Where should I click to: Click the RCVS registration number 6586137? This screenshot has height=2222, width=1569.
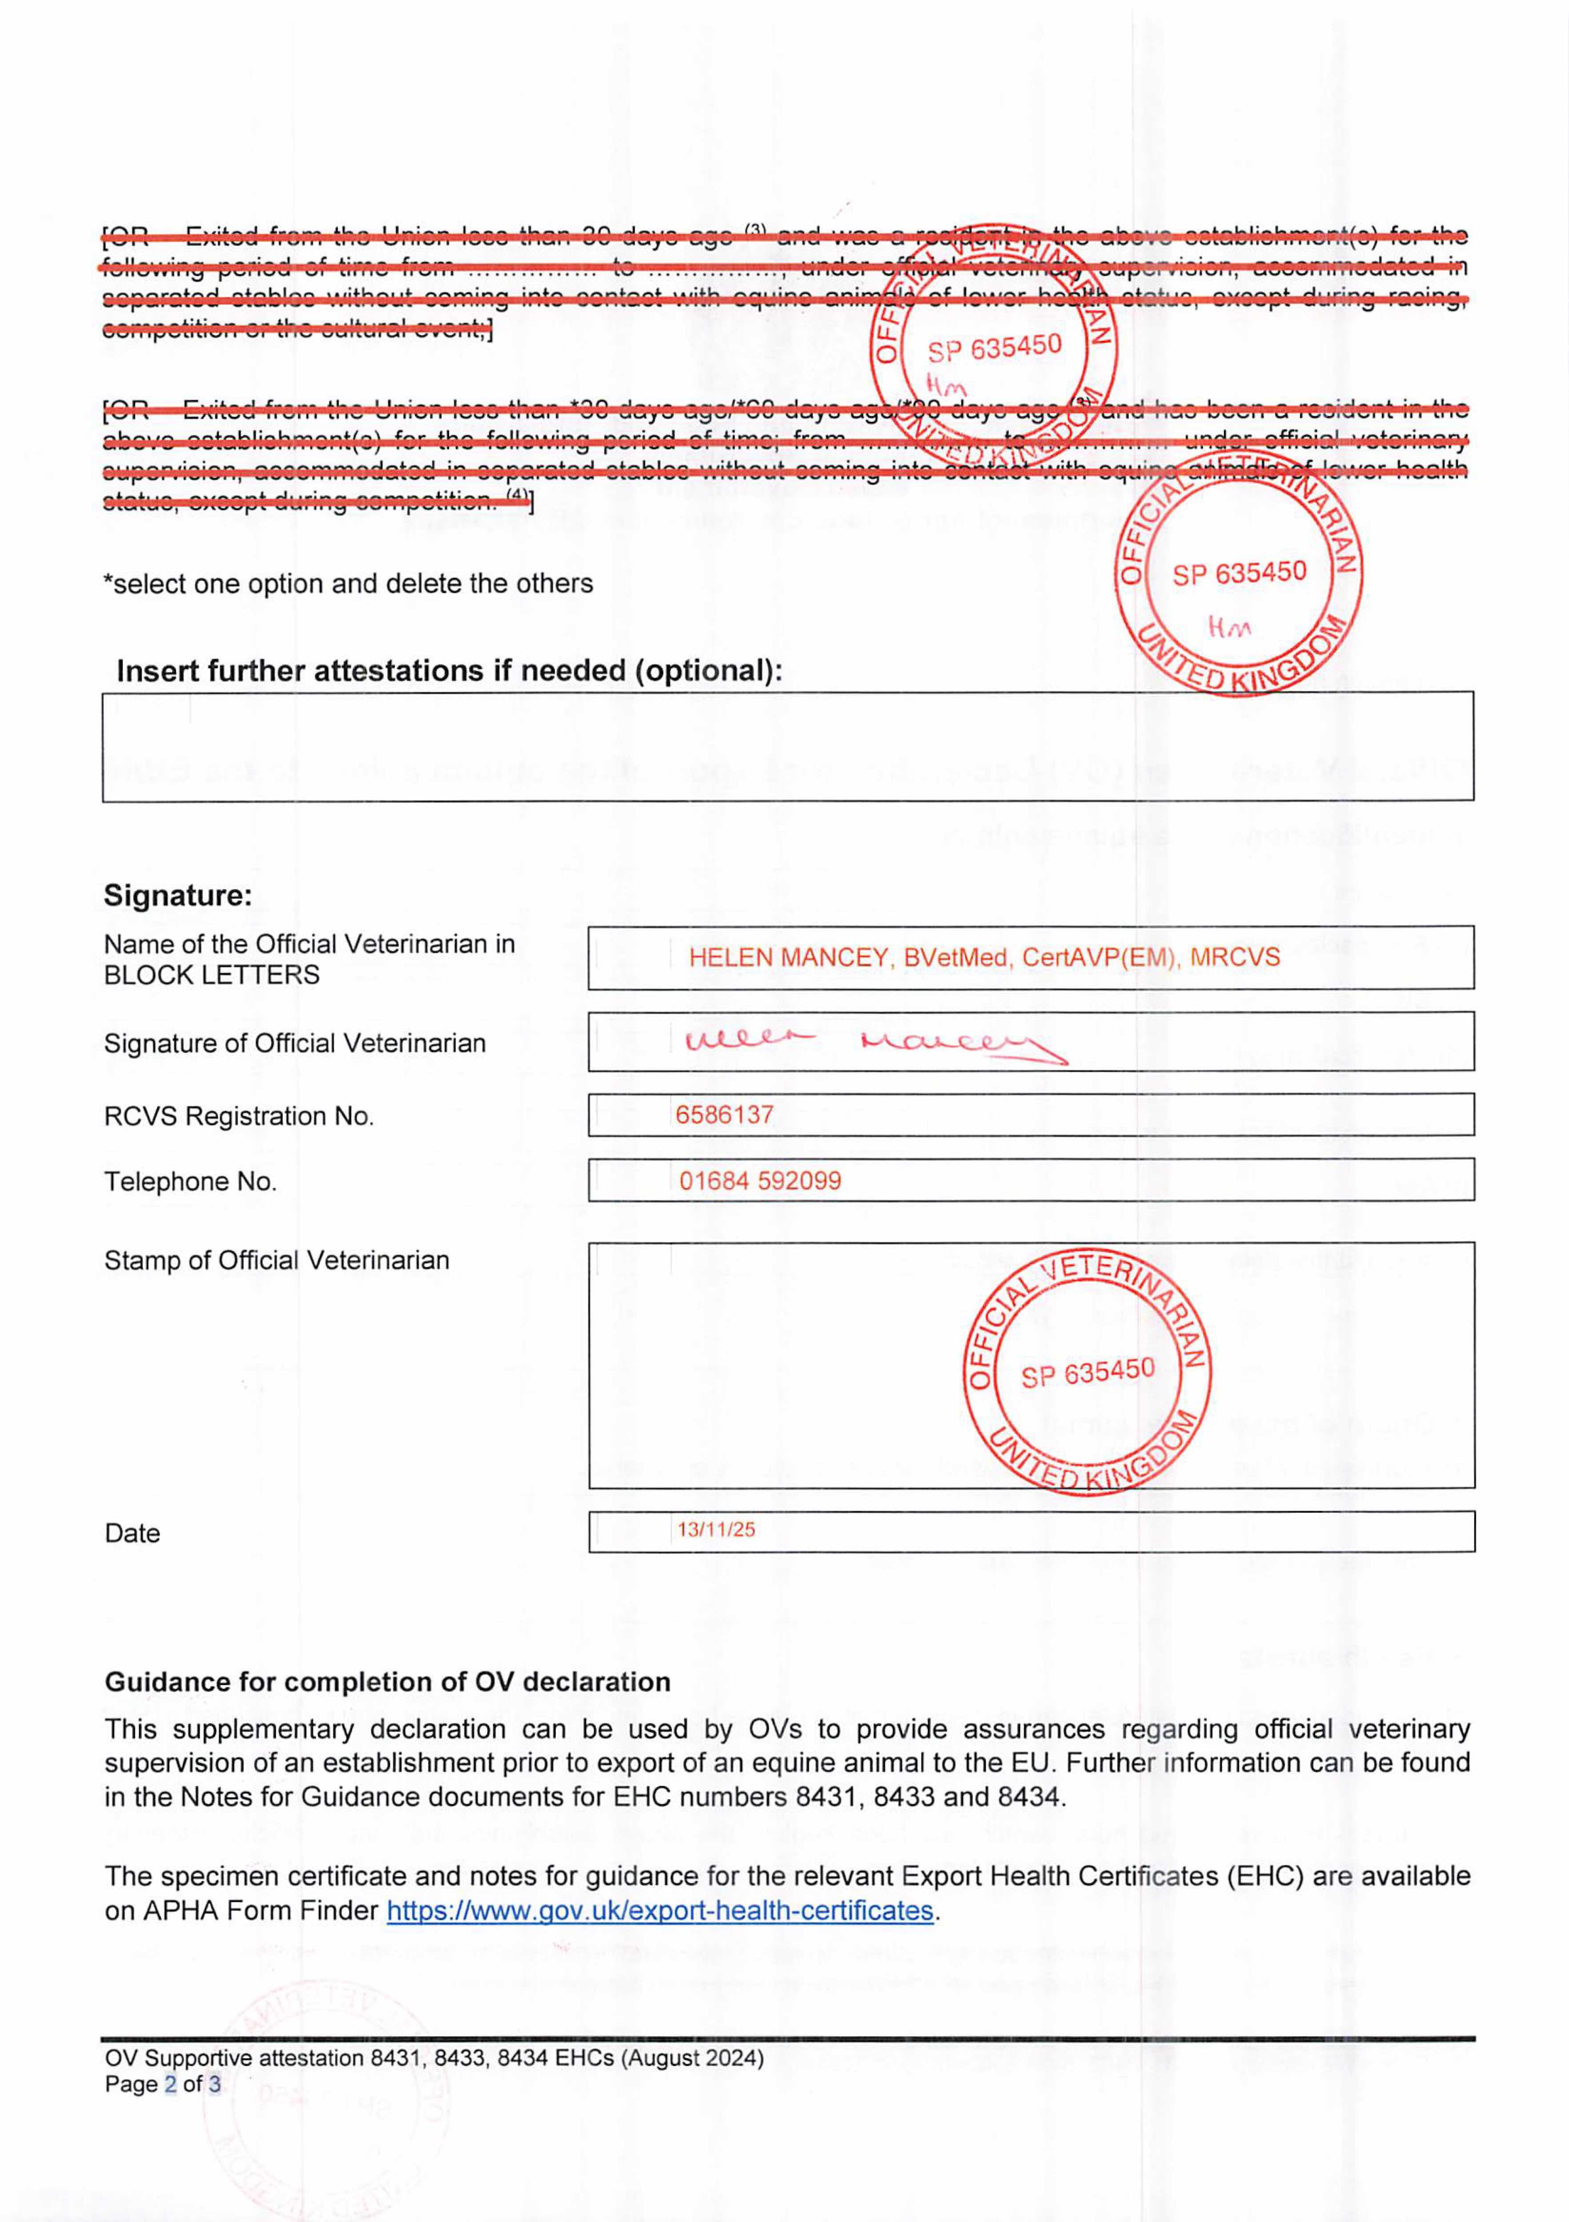pos(724,1115)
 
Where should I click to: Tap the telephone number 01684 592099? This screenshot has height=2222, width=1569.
pos(760,1181)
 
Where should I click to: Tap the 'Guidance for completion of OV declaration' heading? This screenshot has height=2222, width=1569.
pos(387,1682)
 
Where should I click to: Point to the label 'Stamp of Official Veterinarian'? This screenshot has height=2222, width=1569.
pos(277,1260)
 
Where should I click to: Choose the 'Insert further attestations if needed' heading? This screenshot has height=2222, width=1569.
pos(449,671)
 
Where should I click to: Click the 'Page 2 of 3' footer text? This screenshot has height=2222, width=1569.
pos(163,2084)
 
